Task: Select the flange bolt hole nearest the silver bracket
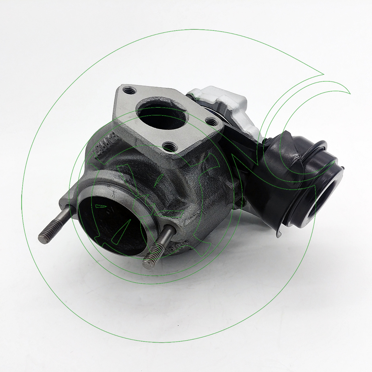coord(211,122)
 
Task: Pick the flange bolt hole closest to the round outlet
coord(169,147)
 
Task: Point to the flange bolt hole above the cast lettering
coord(129,90)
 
